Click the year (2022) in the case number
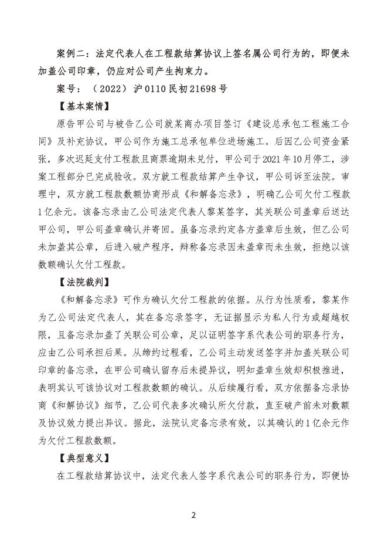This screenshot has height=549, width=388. [111, 89]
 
